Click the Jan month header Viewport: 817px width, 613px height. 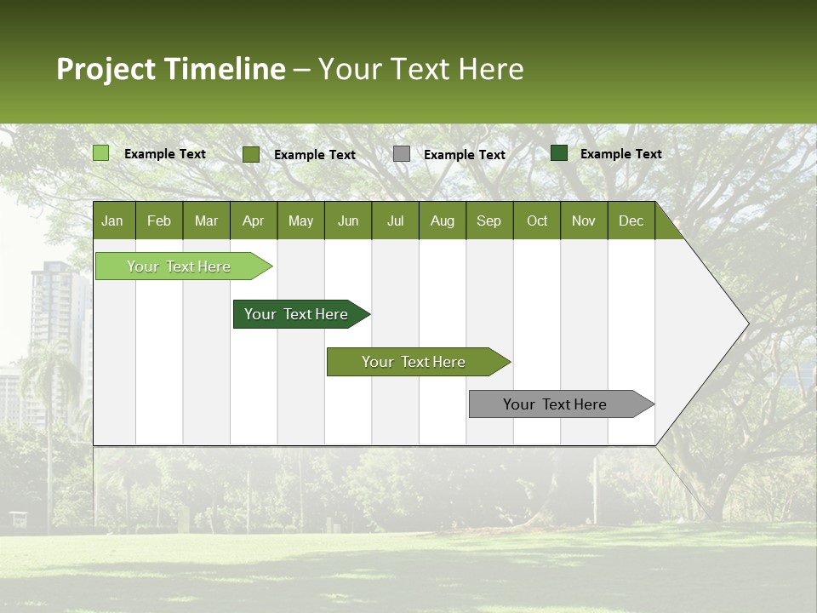[112, 221]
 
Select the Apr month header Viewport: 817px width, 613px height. [253, 221]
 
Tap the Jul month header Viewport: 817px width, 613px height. [395, 221]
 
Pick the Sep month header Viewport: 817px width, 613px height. [488, 221]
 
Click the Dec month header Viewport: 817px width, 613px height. [631, 221]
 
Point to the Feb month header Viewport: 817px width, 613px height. [159, 221]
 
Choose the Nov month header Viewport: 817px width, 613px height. [583, 221]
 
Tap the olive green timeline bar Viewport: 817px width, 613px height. [414, 362]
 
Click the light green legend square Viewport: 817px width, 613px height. [101, 153]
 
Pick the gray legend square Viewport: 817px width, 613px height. [402, 153]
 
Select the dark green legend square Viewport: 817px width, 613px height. [559, 153]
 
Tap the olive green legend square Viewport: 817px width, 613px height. [251, 154]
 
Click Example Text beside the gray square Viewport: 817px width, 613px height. [465, 155]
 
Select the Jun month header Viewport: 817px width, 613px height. [348, 221]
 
